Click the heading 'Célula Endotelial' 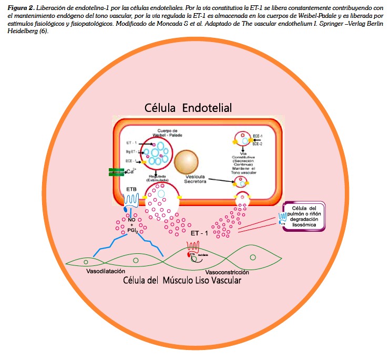[188, 108]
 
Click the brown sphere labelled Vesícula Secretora [186, 161]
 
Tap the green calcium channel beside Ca [115, 172]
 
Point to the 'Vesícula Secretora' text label [192, 179]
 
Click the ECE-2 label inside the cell [258, 143]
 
